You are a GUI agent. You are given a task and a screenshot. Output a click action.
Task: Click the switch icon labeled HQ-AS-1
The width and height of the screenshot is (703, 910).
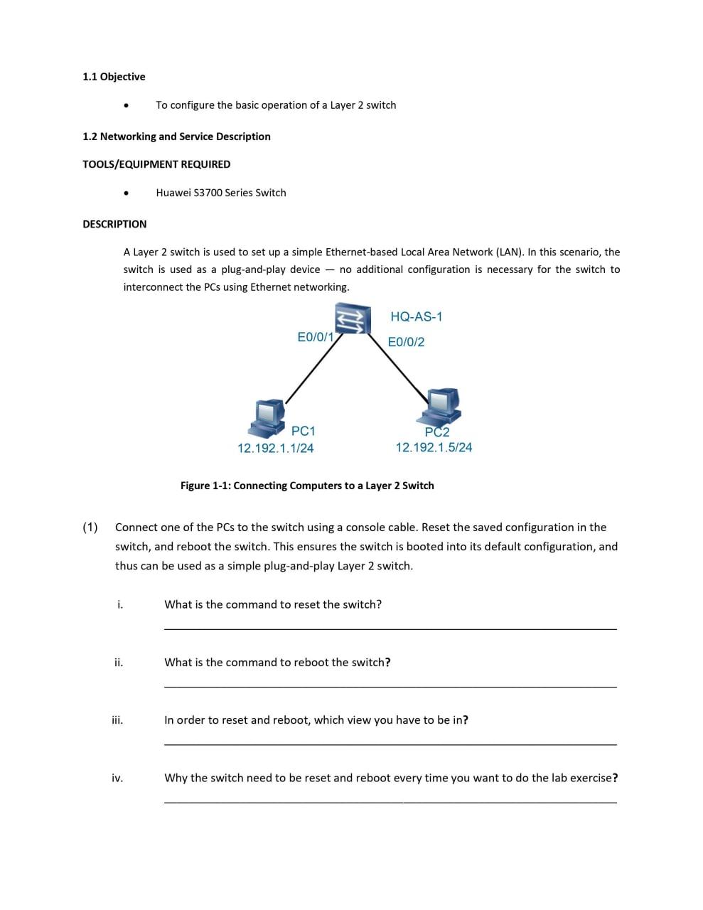[x=353, y=318]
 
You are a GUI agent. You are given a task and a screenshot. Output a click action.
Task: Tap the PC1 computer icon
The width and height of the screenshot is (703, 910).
[x=267, y=417]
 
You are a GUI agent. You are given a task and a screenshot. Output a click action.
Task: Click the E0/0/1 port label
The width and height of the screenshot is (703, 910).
[x=315, y=337]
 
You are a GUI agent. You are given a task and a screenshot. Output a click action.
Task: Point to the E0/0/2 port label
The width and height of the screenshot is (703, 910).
[x=406, y=342]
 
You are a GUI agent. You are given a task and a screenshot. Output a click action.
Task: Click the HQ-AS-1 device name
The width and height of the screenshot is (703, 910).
[x=416, y=317]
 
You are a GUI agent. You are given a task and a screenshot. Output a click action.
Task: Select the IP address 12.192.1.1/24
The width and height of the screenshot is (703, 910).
[x=275, y=449]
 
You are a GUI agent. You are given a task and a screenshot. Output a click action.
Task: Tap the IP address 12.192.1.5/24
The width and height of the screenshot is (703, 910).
[x=434, y=448]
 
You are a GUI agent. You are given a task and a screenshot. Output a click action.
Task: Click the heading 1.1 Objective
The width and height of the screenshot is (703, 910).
[x=114, y=77]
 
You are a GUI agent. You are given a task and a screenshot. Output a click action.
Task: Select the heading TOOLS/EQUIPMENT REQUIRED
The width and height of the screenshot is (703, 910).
[x=156, y=164]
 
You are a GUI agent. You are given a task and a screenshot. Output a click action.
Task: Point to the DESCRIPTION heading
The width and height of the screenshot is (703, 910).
[x=114, y=224]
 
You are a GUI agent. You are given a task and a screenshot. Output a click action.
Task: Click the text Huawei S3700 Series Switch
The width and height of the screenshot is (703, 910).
[x=221, y=193]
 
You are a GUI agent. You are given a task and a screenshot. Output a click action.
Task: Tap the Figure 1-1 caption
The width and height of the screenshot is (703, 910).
[x=307, y=486]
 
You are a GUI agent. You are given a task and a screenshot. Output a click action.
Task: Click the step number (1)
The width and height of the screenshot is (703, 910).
[x=90, y=528]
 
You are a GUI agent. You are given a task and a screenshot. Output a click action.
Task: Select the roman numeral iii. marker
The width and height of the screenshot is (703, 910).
[x=117, y=720]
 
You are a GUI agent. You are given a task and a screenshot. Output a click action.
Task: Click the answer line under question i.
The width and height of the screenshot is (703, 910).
[x=390, y=628]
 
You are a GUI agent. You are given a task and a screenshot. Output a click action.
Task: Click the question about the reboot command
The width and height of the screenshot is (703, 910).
[x=277, y=663]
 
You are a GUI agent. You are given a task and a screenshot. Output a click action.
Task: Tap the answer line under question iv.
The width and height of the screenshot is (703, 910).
[x=390, y=802]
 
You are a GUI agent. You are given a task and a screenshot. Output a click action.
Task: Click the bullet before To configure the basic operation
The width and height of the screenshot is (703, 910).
[x=126, y=105]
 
